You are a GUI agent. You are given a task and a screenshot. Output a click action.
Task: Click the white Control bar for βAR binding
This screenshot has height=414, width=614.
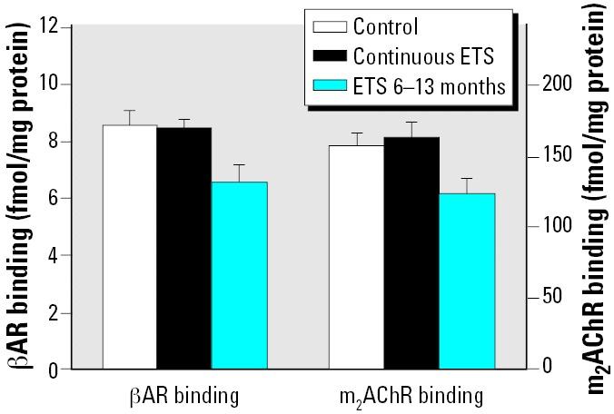click(x=130, y=247)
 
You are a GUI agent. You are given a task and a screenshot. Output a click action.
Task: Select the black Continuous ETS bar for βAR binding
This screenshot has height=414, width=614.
click(x=184, y=249)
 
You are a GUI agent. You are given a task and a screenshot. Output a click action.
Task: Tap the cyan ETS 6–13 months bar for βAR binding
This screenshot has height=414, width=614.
click(x=239, y=275)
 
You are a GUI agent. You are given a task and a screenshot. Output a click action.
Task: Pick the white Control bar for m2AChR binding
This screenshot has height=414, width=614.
click(x=356, y=257)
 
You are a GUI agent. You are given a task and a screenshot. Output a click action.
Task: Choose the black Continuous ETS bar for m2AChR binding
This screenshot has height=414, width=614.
click(x=412, y=253)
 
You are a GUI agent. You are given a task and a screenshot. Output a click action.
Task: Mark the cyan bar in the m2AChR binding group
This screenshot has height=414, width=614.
click(x=468, y=281)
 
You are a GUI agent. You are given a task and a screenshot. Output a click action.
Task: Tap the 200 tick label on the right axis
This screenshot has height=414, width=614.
click(x=551, y=84)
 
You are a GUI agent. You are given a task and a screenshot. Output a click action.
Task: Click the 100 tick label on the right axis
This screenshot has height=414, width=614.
click(x=551, y=226)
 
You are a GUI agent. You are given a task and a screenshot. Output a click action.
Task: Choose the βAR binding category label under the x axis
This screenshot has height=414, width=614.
click(x=184, y=396)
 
